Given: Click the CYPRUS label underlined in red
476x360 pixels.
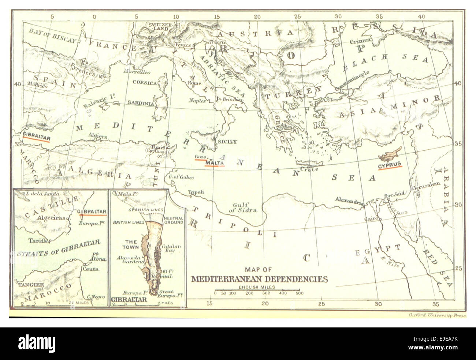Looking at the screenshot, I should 390,164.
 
